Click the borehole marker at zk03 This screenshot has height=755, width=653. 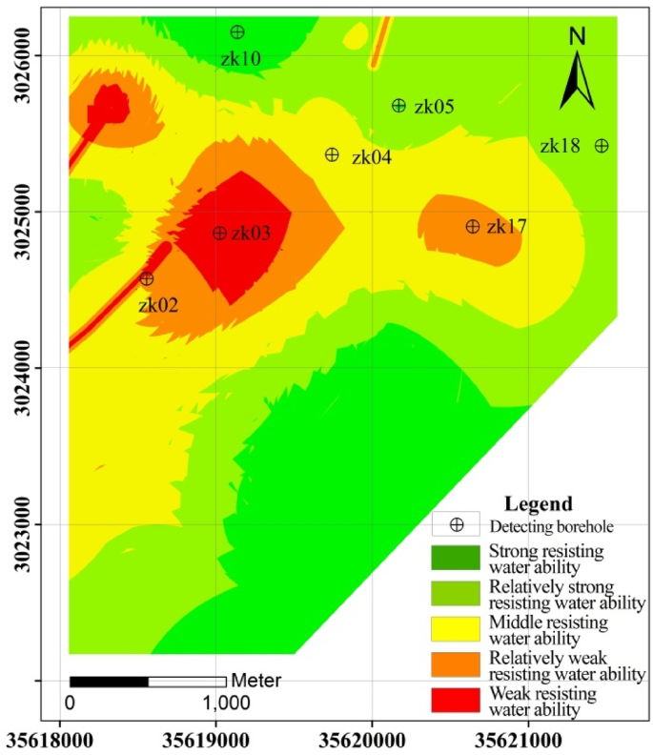pos(219,233)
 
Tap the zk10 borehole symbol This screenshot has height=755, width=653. pos(237,32)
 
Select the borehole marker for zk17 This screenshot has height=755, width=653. pos(473,226)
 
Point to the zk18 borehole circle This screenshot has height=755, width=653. pos(602,146)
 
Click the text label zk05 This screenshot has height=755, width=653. pos(434,107)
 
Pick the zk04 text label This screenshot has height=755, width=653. pos(371,157)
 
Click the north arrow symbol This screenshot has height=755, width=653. pos(576,80)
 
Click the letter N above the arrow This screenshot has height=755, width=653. pos(577,37)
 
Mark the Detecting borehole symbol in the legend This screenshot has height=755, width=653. pos(457,524)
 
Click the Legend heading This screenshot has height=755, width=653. pos(539,503)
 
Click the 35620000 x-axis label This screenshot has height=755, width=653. pos(372,739)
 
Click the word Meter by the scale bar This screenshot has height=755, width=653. pos(256,681)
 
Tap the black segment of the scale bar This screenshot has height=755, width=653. pos(109,681)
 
